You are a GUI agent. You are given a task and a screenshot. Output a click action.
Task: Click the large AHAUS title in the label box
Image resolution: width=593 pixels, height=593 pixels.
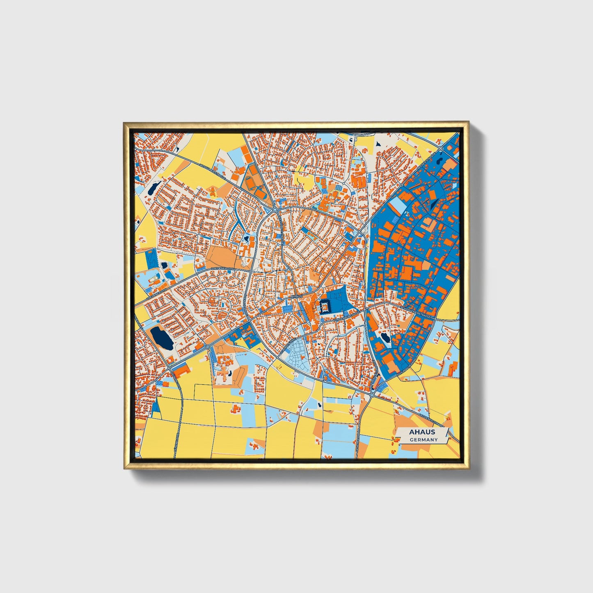tap(422, 432)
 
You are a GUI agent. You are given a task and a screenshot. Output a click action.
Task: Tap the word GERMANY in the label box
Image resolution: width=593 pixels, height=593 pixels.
tap(424, 440)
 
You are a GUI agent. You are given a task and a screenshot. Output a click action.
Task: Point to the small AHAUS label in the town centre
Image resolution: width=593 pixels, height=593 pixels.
tap(296, 296)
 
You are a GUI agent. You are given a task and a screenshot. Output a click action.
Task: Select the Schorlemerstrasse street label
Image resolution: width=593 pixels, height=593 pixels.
tap(417, 312)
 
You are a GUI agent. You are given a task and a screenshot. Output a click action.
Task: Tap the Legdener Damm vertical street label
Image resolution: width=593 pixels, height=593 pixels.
tap(358, 445)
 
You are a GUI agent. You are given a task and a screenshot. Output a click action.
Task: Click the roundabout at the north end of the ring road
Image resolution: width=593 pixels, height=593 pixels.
tap(275, 210)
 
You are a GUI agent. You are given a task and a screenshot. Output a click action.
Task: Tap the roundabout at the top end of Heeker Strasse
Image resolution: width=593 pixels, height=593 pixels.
tap(440, 149)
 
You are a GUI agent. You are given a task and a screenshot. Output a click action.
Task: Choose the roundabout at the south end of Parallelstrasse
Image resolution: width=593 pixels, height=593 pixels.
tap(371, 395)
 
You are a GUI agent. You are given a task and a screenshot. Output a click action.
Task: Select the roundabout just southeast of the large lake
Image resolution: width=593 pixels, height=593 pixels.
tap(208, 347)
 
